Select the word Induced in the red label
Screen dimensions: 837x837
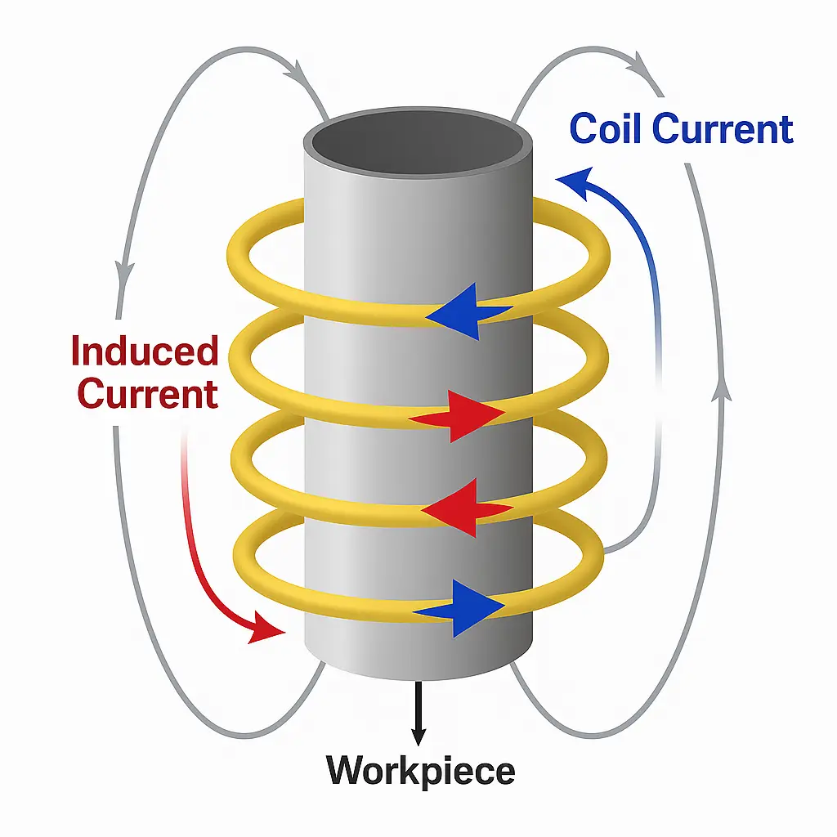[x=145, y=351]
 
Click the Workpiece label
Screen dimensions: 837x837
[x=420, y=770]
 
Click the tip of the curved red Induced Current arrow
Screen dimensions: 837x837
[x=270, y=630]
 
